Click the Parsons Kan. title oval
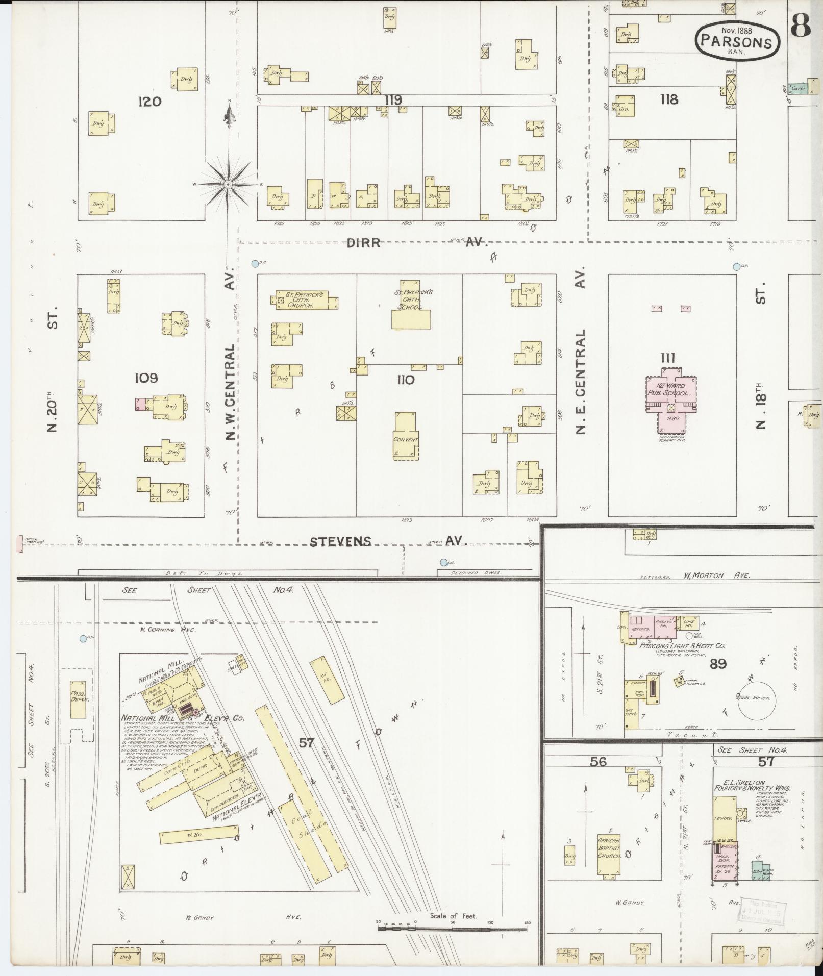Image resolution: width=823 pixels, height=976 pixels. click(x=737, y=39)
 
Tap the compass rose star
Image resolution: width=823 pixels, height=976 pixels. click(x=228, y=184)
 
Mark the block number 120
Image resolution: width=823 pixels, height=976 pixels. click(x=149, y=102)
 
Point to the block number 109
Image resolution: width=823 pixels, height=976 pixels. click(x=146, y=378)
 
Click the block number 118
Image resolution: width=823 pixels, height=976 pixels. click(x=668, y=99)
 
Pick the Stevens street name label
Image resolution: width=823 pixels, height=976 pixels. click(x=340, y=541)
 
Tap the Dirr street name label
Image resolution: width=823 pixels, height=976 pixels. click(x=363, y=243)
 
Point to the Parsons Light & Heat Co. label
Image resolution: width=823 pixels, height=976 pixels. click(x=683, y=645)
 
